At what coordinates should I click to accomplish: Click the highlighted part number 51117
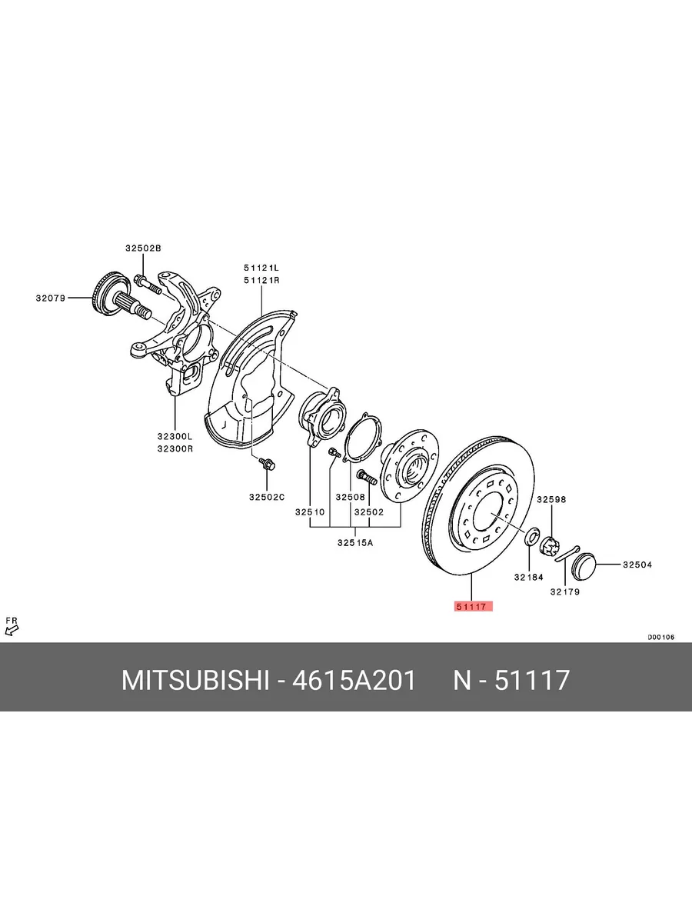473,606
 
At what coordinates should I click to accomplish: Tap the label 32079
51,298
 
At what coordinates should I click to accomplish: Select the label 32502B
143,248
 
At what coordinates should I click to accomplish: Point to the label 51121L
261,268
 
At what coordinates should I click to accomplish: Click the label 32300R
175,448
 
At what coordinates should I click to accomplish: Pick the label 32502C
267,497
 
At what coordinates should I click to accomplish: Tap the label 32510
310,511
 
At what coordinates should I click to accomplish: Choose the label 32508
351,497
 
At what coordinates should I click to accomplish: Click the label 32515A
355,543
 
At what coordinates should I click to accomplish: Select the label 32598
551,499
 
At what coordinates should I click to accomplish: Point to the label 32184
529,578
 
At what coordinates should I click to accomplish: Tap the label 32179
565,591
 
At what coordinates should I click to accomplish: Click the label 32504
637,565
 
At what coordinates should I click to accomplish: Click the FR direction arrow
12,630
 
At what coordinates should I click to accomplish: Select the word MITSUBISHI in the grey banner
195,680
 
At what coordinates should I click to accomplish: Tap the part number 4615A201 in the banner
354,680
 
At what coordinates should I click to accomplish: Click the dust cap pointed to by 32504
584,565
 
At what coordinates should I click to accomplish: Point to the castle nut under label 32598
550,547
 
